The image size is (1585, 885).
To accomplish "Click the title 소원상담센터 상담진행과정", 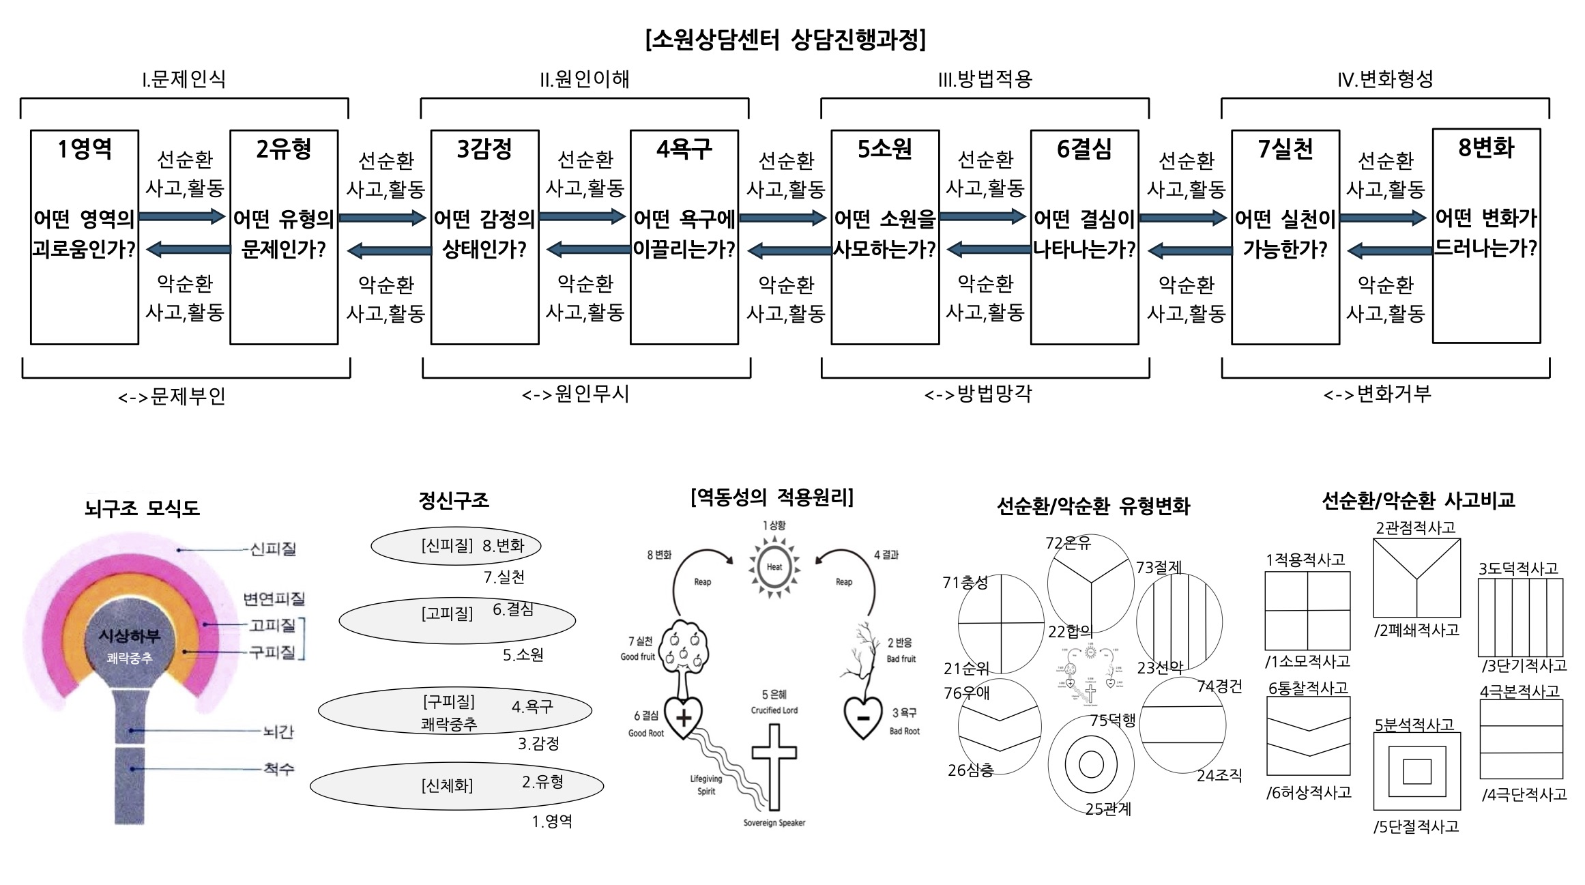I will pyautogui.click(x=785, y=40).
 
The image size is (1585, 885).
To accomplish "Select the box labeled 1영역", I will pyautogui.click(x=85, y=237).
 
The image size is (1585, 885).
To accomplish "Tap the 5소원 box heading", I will pyautogui.click(x=884, y=149).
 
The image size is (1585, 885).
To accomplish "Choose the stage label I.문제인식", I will pyautogui.click(x=184, y=79).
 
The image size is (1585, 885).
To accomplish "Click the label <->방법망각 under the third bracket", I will pyautogui.click(x=978, y=394).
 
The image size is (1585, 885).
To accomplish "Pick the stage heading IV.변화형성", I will pyautogui.click(x=1384, y=79).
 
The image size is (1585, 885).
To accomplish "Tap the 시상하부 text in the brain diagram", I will pyautogui.click(x=130, y=636).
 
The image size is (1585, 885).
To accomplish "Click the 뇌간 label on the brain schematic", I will pyautogui.click(x=278, y=731).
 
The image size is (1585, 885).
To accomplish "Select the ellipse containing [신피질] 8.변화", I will pyautogui.click(x=456, y=545).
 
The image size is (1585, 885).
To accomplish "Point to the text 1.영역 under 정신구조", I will pyautogui.click(x=552, y=821).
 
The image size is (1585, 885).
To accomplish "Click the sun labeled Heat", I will pyautogui.click(x=774, y=566).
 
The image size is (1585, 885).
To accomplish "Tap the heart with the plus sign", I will pyautogui.click(x=683, y=717).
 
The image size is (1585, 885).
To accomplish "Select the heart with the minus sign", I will pyautogui.click(x=862, y=717).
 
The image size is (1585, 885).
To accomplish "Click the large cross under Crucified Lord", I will pyautogui.click(x=774, y=764).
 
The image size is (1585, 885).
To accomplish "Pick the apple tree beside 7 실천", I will pyautogui.click(x=683, y=648).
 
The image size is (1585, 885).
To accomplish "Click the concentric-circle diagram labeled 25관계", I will pyautogui.click(x=1090, y=764).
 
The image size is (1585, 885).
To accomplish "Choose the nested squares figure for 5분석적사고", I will pyautogui.click(x=1416, y=771).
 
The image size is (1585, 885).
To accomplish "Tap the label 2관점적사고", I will pyautogui.click(x=1415, y=527).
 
